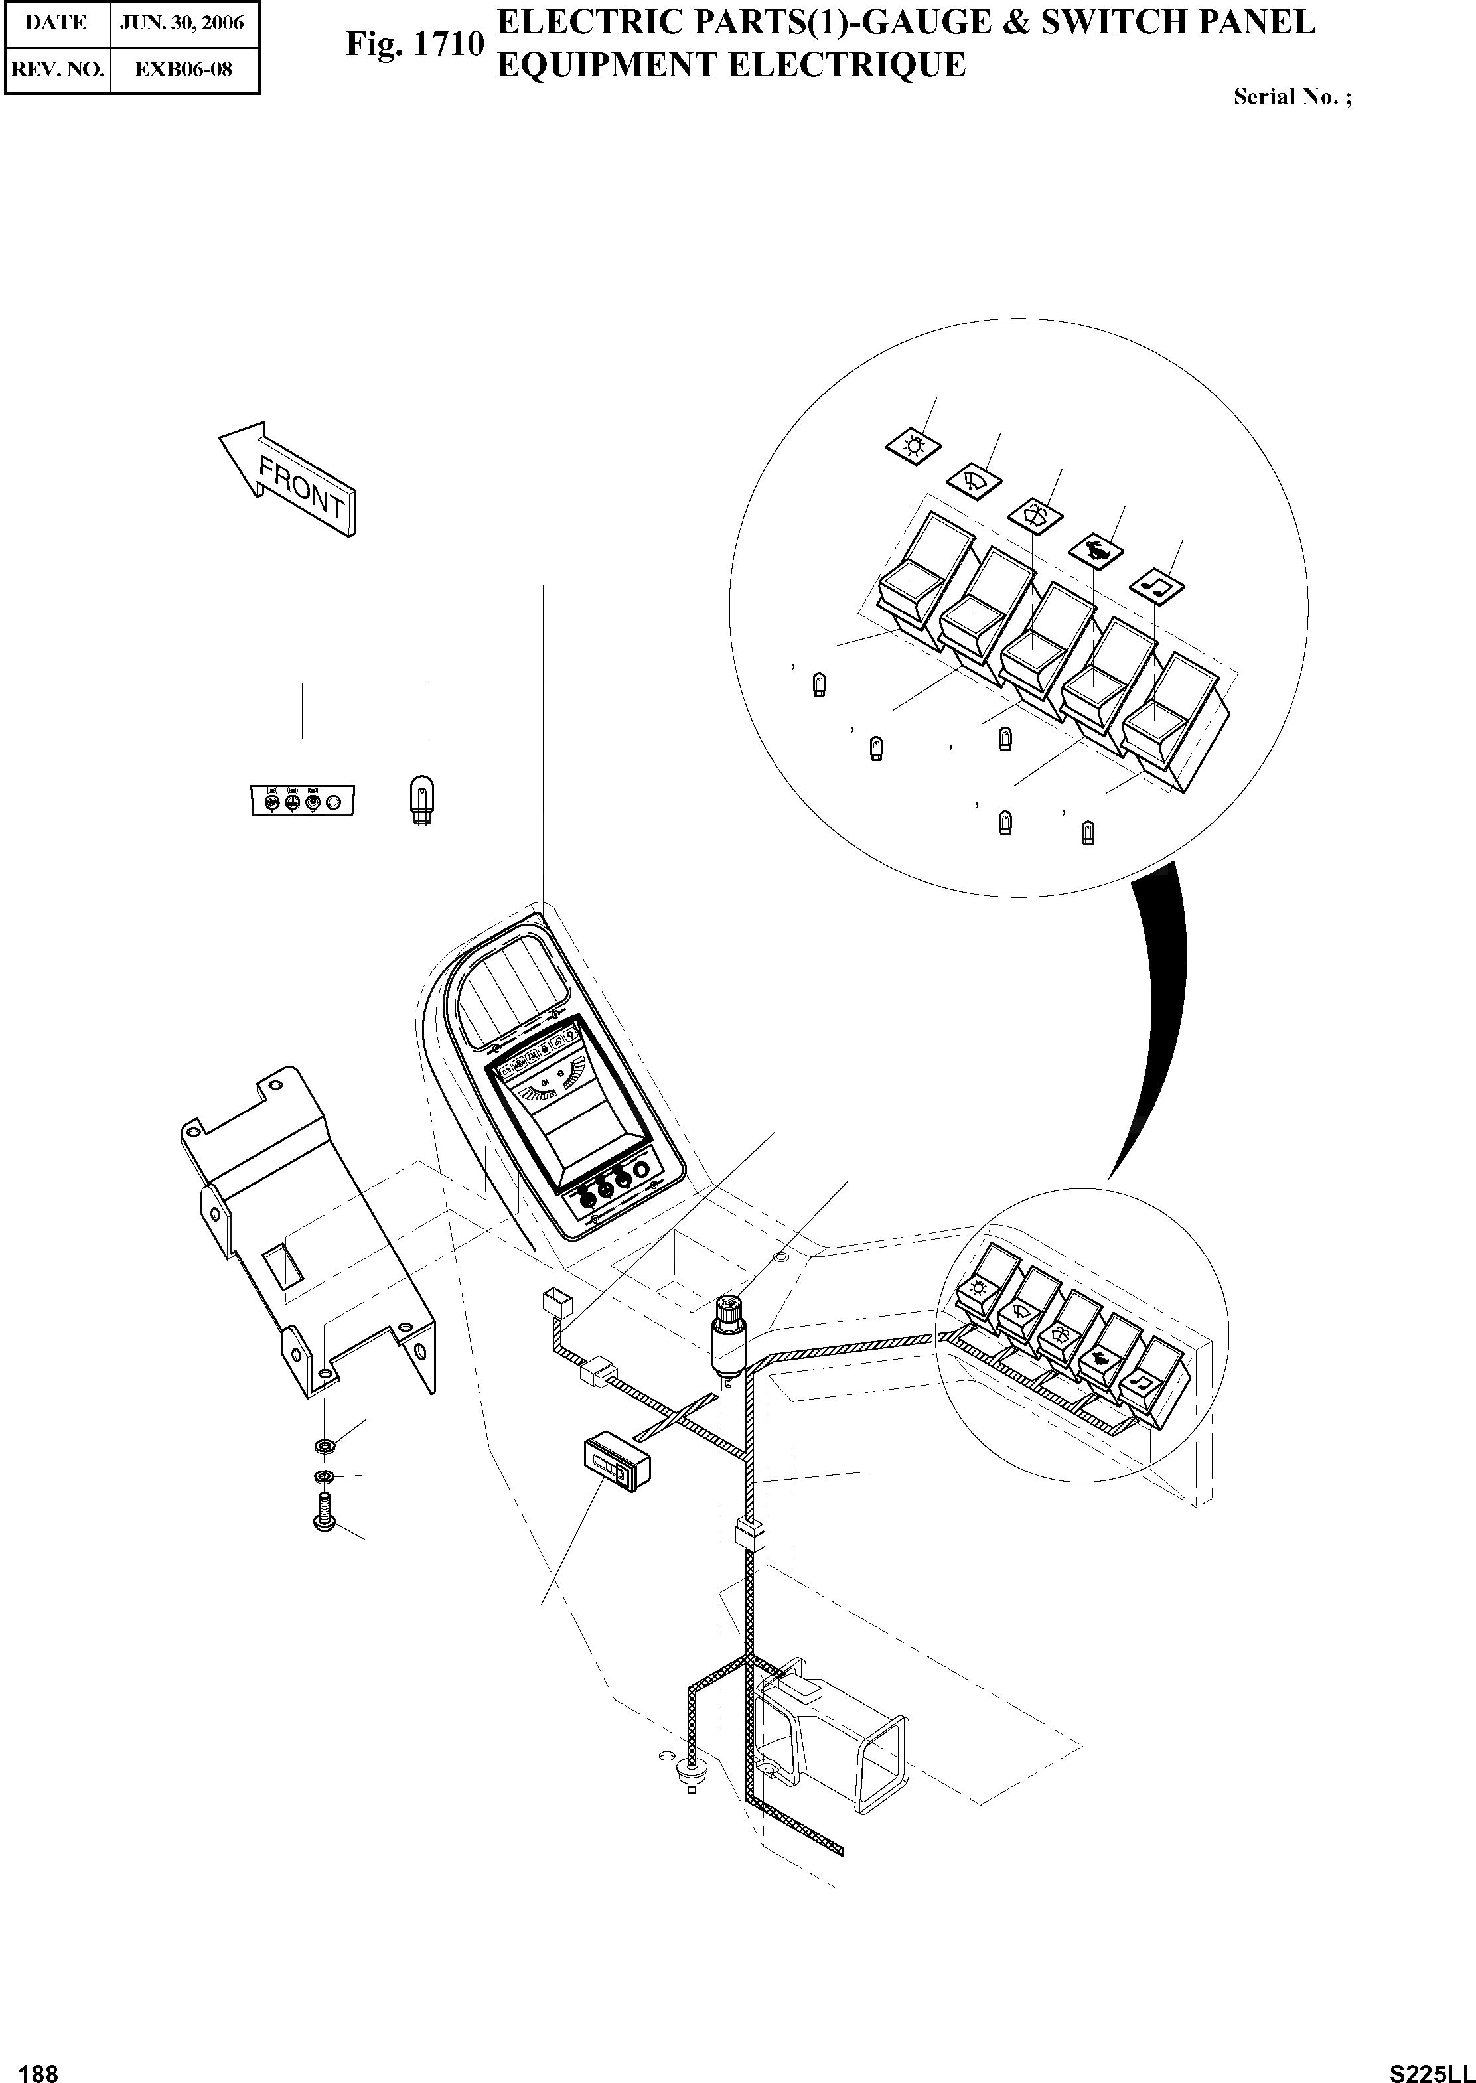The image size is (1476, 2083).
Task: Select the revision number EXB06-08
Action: coord(184,69)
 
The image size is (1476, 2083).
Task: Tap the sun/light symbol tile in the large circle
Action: coord(913,446)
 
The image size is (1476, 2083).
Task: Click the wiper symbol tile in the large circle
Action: coord(974,479)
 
